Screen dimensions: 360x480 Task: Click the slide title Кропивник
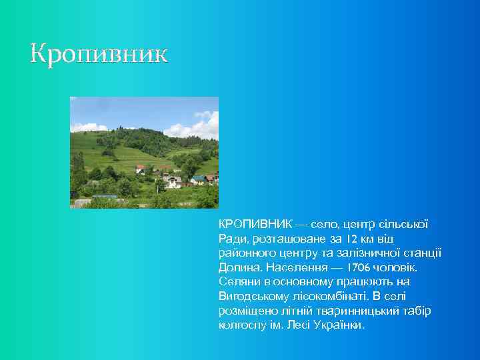pyautogui.click(x=99, y=54)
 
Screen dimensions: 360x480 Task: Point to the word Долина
pyautogui.click(x=240, y=267)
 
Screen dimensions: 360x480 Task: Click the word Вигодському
pyautogui.click(x=251, y=297)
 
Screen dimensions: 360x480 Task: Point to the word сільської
pyautogui.click(x=404, y=225)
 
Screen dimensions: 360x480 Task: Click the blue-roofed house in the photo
pyautogui.click(x=198, y=179)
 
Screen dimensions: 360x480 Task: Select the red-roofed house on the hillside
pyautogui.click(x=140, y=169)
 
